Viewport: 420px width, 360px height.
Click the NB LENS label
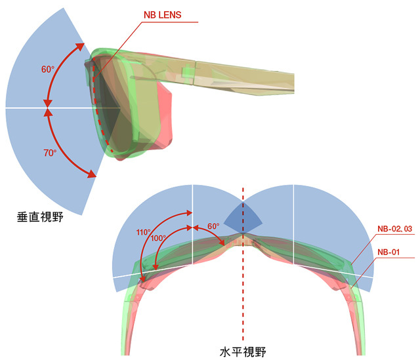tap(162, 14)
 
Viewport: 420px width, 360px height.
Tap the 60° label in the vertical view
tap(48, 70)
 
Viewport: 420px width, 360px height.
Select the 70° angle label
tap(50, 153)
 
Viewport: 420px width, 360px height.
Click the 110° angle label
tap(143, 232)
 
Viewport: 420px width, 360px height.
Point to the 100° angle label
tap(158, 238)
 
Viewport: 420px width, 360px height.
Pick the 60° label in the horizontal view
tap(213, 226)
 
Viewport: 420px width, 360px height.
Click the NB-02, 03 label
tap(394, 229)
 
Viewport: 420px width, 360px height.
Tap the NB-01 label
tap(388, 252)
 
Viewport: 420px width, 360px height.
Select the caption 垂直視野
tap(40, 217)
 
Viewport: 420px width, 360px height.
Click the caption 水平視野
tap(243, 351)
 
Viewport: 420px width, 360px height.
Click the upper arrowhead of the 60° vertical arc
tap(80, 47)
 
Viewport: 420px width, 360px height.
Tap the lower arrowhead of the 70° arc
tap(92, 174)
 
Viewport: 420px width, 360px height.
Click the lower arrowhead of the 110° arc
tap(142, 279)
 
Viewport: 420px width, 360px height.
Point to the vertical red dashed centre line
tap(243, 264)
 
